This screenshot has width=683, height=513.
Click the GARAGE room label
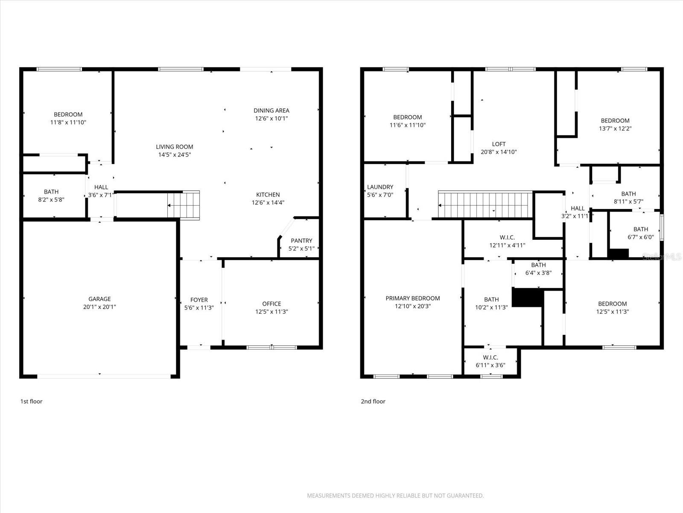coord(99,299)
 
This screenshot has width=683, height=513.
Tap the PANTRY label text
coord(301,241)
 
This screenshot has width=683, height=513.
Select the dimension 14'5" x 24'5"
coord(174,155)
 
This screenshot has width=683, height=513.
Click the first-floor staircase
coord(184,205)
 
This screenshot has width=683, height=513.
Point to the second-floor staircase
coord(485,204)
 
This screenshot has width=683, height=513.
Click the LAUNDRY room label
coord(380,187)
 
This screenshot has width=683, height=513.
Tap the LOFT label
coord(499,144)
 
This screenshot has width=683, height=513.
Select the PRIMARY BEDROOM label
coord(412,298)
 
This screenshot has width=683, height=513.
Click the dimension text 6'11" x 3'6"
coord(490,365)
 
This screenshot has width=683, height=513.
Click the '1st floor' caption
coord(32,401)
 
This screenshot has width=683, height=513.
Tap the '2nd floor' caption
coord(373,401)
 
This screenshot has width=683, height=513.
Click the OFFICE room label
coord(271,304)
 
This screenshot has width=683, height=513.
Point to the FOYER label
coord(199,300)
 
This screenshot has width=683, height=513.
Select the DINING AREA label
coord(271,110)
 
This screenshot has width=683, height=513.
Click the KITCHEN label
coord(268,195)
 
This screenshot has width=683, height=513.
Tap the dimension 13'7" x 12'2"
coord(615,128)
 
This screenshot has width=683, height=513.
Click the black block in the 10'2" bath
coord(527,297)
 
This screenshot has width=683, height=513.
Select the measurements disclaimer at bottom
coord(395,496)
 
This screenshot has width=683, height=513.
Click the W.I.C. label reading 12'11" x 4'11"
coord(507,237)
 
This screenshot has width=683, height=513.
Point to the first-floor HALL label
coord(101,187)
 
